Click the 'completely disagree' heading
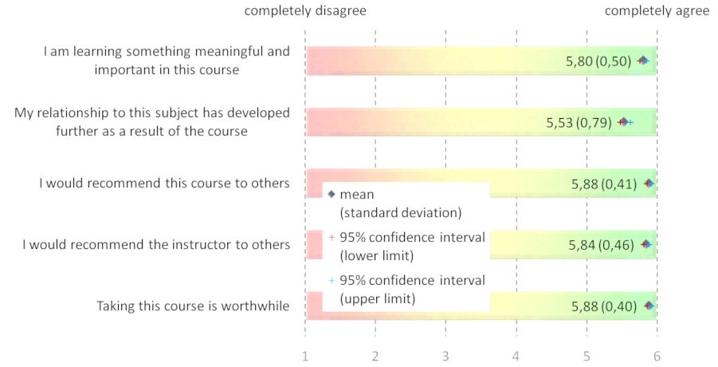pyautogui.click(x=305, y=10)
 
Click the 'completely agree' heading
pyautogui.click(x=657, y=10)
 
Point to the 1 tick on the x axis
pyautogui.click(x=305, y=356)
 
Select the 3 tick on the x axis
pyautogui.click(x=445, y=356)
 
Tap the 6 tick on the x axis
pyautogui.click(x=657, y=356)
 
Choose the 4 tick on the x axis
pyautogui.click(x=516, y=356)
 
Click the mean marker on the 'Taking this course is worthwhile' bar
pyautogui.click(x=649, y=306)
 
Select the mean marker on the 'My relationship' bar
pyautogui.click(x=624, y=122)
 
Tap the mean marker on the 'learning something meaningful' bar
pyautogui.click(x=643, y=61)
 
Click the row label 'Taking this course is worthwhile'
pyautogui.click(x=193, y=306)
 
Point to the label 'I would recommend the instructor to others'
pyautogui.click(x=156, y=244)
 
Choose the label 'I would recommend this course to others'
pyautogui.click(x=164, y=183)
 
